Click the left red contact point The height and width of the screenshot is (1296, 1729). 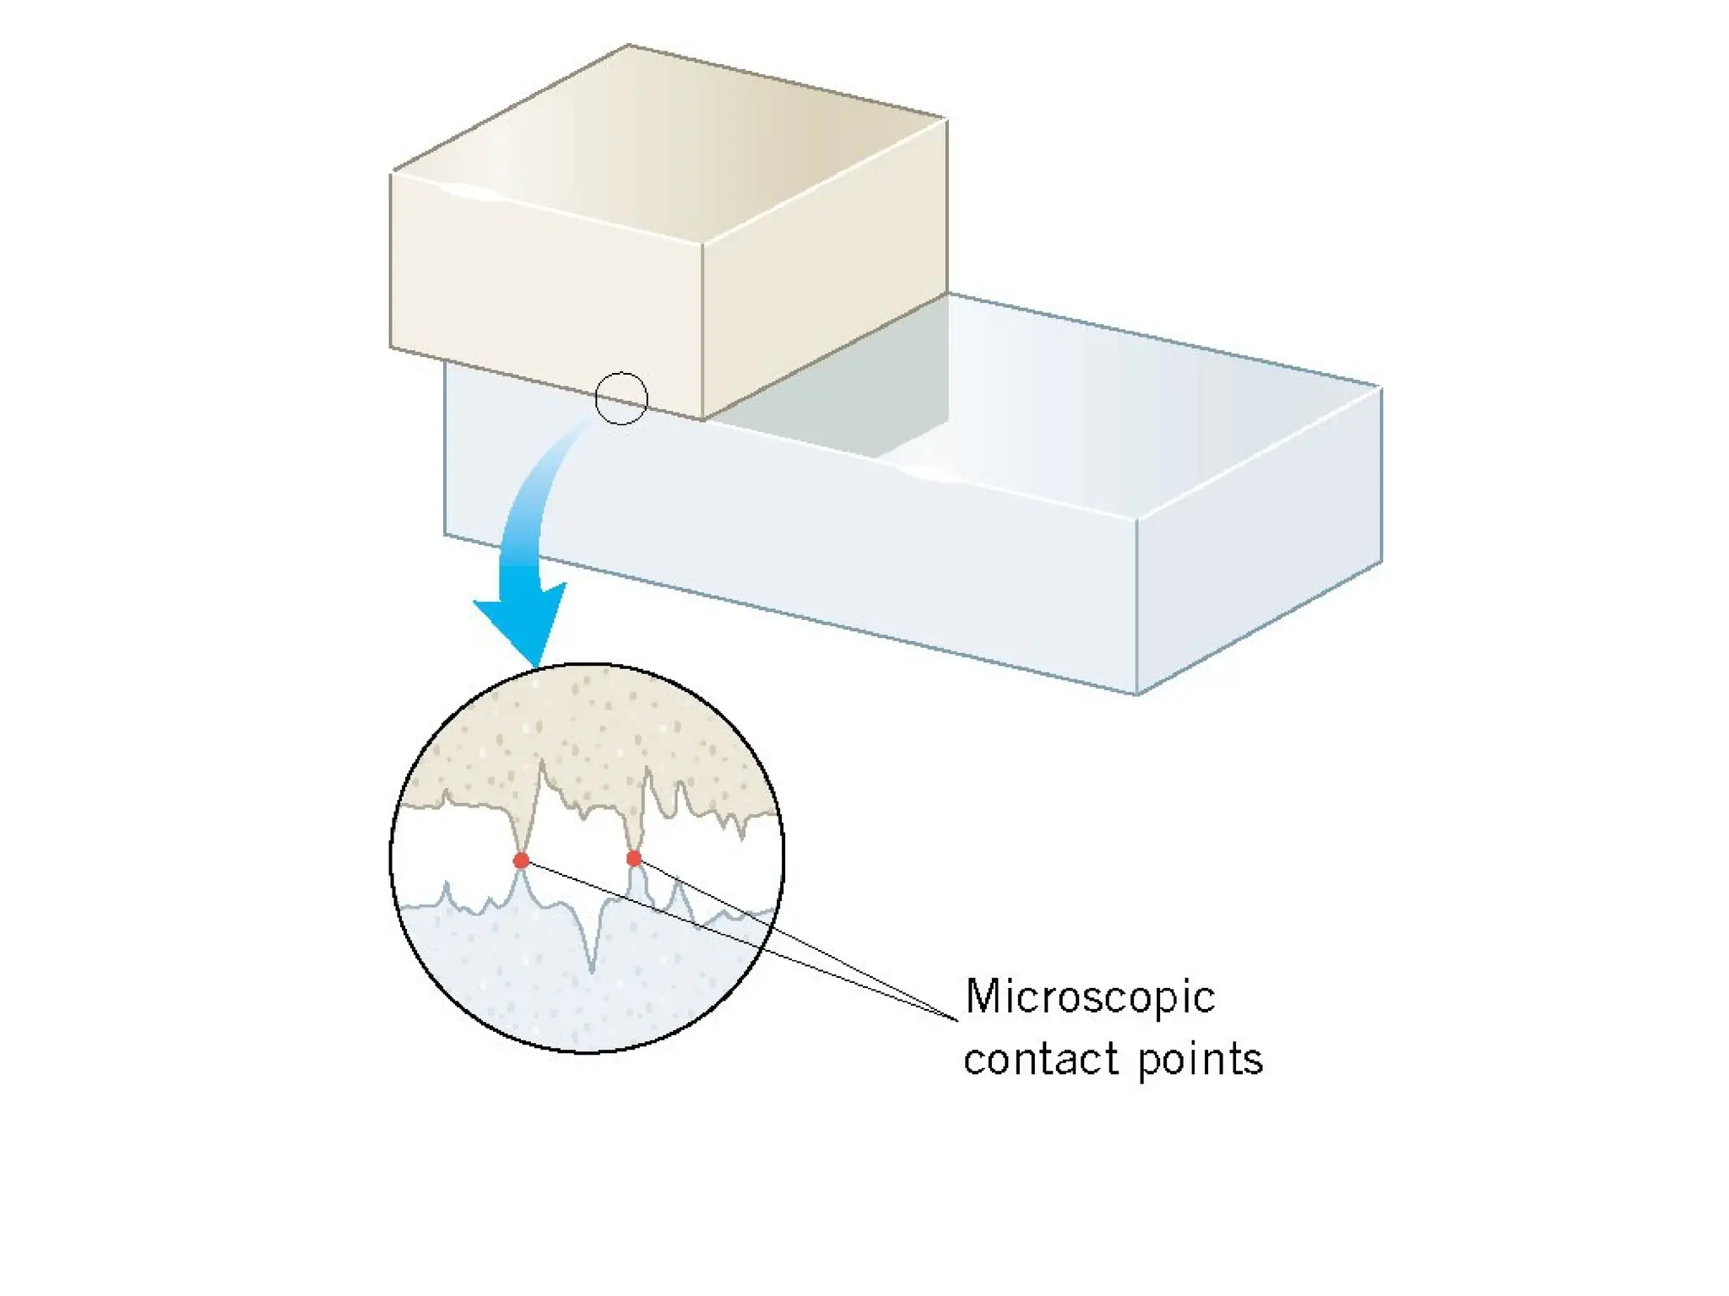521,861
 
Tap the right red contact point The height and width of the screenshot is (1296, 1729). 634,859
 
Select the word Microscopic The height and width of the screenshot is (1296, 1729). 1089,997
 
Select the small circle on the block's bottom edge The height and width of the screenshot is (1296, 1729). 621,398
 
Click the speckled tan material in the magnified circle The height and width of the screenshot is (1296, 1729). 591,717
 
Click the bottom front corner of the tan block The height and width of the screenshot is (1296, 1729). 702,419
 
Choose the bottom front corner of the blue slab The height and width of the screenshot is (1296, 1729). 1137,694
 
